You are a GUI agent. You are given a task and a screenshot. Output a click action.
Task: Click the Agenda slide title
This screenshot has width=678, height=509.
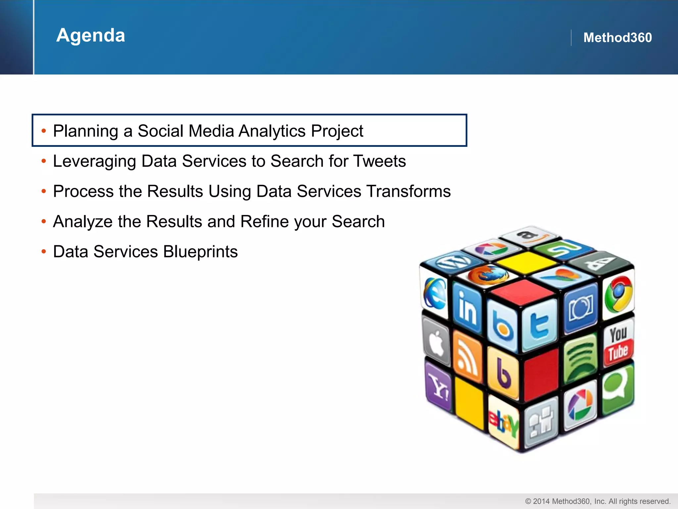click(91, 35)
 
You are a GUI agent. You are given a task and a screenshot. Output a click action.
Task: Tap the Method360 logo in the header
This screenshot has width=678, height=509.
click(617, 37)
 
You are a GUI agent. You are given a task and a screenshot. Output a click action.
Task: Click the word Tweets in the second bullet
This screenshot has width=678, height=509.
click(379, 161)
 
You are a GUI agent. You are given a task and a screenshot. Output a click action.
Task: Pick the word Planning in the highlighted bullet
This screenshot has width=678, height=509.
click(85, 131)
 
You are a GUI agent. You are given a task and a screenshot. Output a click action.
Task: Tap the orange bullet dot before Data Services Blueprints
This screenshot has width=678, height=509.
click(44, 252)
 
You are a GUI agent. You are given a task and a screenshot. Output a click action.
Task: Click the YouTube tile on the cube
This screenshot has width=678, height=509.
click(618, 344)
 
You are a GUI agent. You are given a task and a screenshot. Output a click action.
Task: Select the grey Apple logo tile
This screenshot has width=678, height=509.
click(437, 341)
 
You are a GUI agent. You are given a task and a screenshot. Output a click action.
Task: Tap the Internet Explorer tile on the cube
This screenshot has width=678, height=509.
click(435, 293)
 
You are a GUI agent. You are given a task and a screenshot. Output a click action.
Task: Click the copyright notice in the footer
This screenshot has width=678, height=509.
click(598, 501)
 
